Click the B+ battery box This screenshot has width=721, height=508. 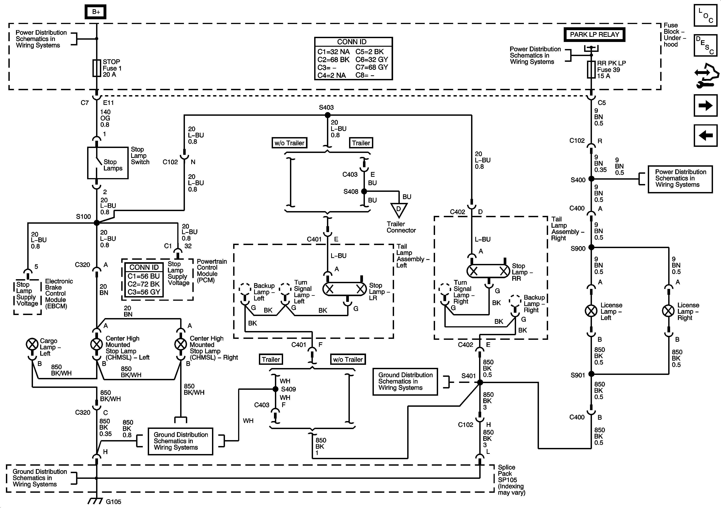click(x=96, y=12)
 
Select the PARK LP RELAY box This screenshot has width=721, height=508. click(x=594, y=35)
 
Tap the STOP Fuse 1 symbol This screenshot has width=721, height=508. click(x=96, y=68)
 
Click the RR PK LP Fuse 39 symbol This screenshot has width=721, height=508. click(x=591, y=69)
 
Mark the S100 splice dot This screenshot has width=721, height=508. click(x=97, y=223)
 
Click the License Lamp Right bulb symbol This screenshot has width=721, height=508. click(x=668, y=311)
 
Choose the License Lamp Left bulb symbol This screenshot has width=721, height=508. click(x=591, y=311)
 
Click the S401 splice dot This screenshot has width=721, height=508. click(x=480, y=382)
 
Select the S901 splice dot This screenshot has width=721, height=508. click(x=591, y=374)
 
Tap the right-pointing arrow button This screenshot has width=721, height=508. click(x=706, y=106)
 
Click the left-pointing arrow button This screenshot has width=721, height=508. click(x=706, y=135)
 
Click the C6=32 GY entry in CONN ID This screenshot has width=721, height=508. click(x=372, y=59)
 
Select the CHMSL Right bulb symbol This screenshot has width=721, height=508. click(x=181, y=344)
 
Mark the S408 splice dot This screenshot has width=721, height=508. click(x=364, y=191)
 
